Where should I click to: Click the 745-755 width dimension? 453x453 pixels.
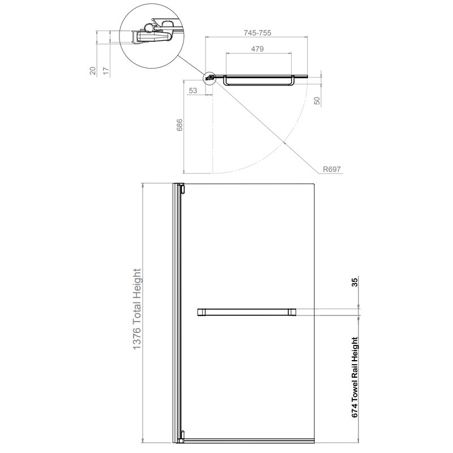click(257, 33)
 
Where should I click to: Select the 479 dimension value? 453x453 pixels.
click(257, 49)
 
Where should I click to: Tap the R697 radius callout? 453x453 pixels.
click(332, 169)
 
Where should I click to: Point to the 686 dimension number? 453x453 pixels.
click(180, 125)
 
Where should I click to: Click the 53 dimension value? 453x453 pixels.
click(193, 91)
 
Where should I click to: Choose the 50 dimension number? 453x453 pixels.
click(317, 101)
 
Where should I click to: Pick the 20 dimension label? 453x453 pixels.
click(92, 71)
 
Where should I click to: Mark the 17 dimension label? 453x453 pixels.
click(106, 71)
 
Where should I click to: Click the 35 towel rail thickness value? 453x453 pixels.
click(355, 281)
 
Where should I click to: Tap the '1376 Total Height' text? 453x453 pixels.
click(136, 309)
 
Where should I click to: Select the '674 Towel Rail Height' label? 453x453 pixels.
click(355, 377)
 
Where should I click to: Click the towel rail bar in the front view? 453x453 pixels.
click(246, 312)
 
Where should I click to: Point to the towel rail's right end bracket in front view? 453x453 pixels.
click(292, 312)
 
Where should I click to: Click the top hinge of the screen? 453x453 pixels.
click(182, 189)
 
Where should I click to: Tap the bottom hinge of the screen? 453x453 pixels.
click(182, 435)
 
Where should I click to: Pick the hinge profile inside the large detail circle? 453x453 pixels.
click(153, 33)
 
